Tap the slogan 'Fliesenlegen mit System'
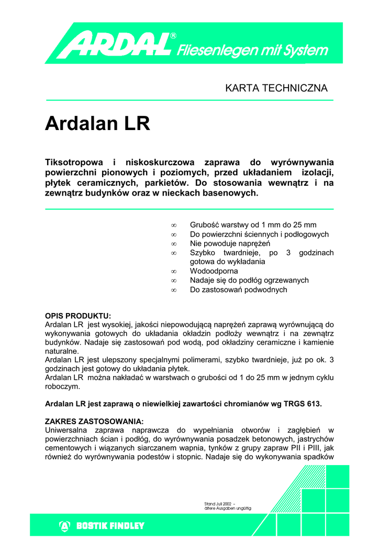click(253, 50)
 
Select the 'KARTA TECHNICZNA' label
click(276, 88)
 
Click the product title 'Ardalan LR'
click(97, 124)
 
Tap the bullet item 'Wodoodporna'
click(214, 271)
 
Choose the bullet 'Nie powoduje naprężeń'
click(229, 243)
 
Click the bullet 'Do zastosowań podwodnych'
click(238, 289)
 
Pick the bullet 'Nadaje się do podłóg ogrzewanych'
click(249, 280)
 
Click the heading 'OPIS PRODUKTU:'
click(78, 316)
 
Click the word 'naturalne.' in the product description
click(62, 351)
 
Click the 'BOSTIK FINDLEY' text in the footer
click(110, 525)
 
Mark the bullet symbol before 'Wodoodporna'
click(174, 271)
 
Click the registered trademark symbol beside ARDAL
click(173, 36)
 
